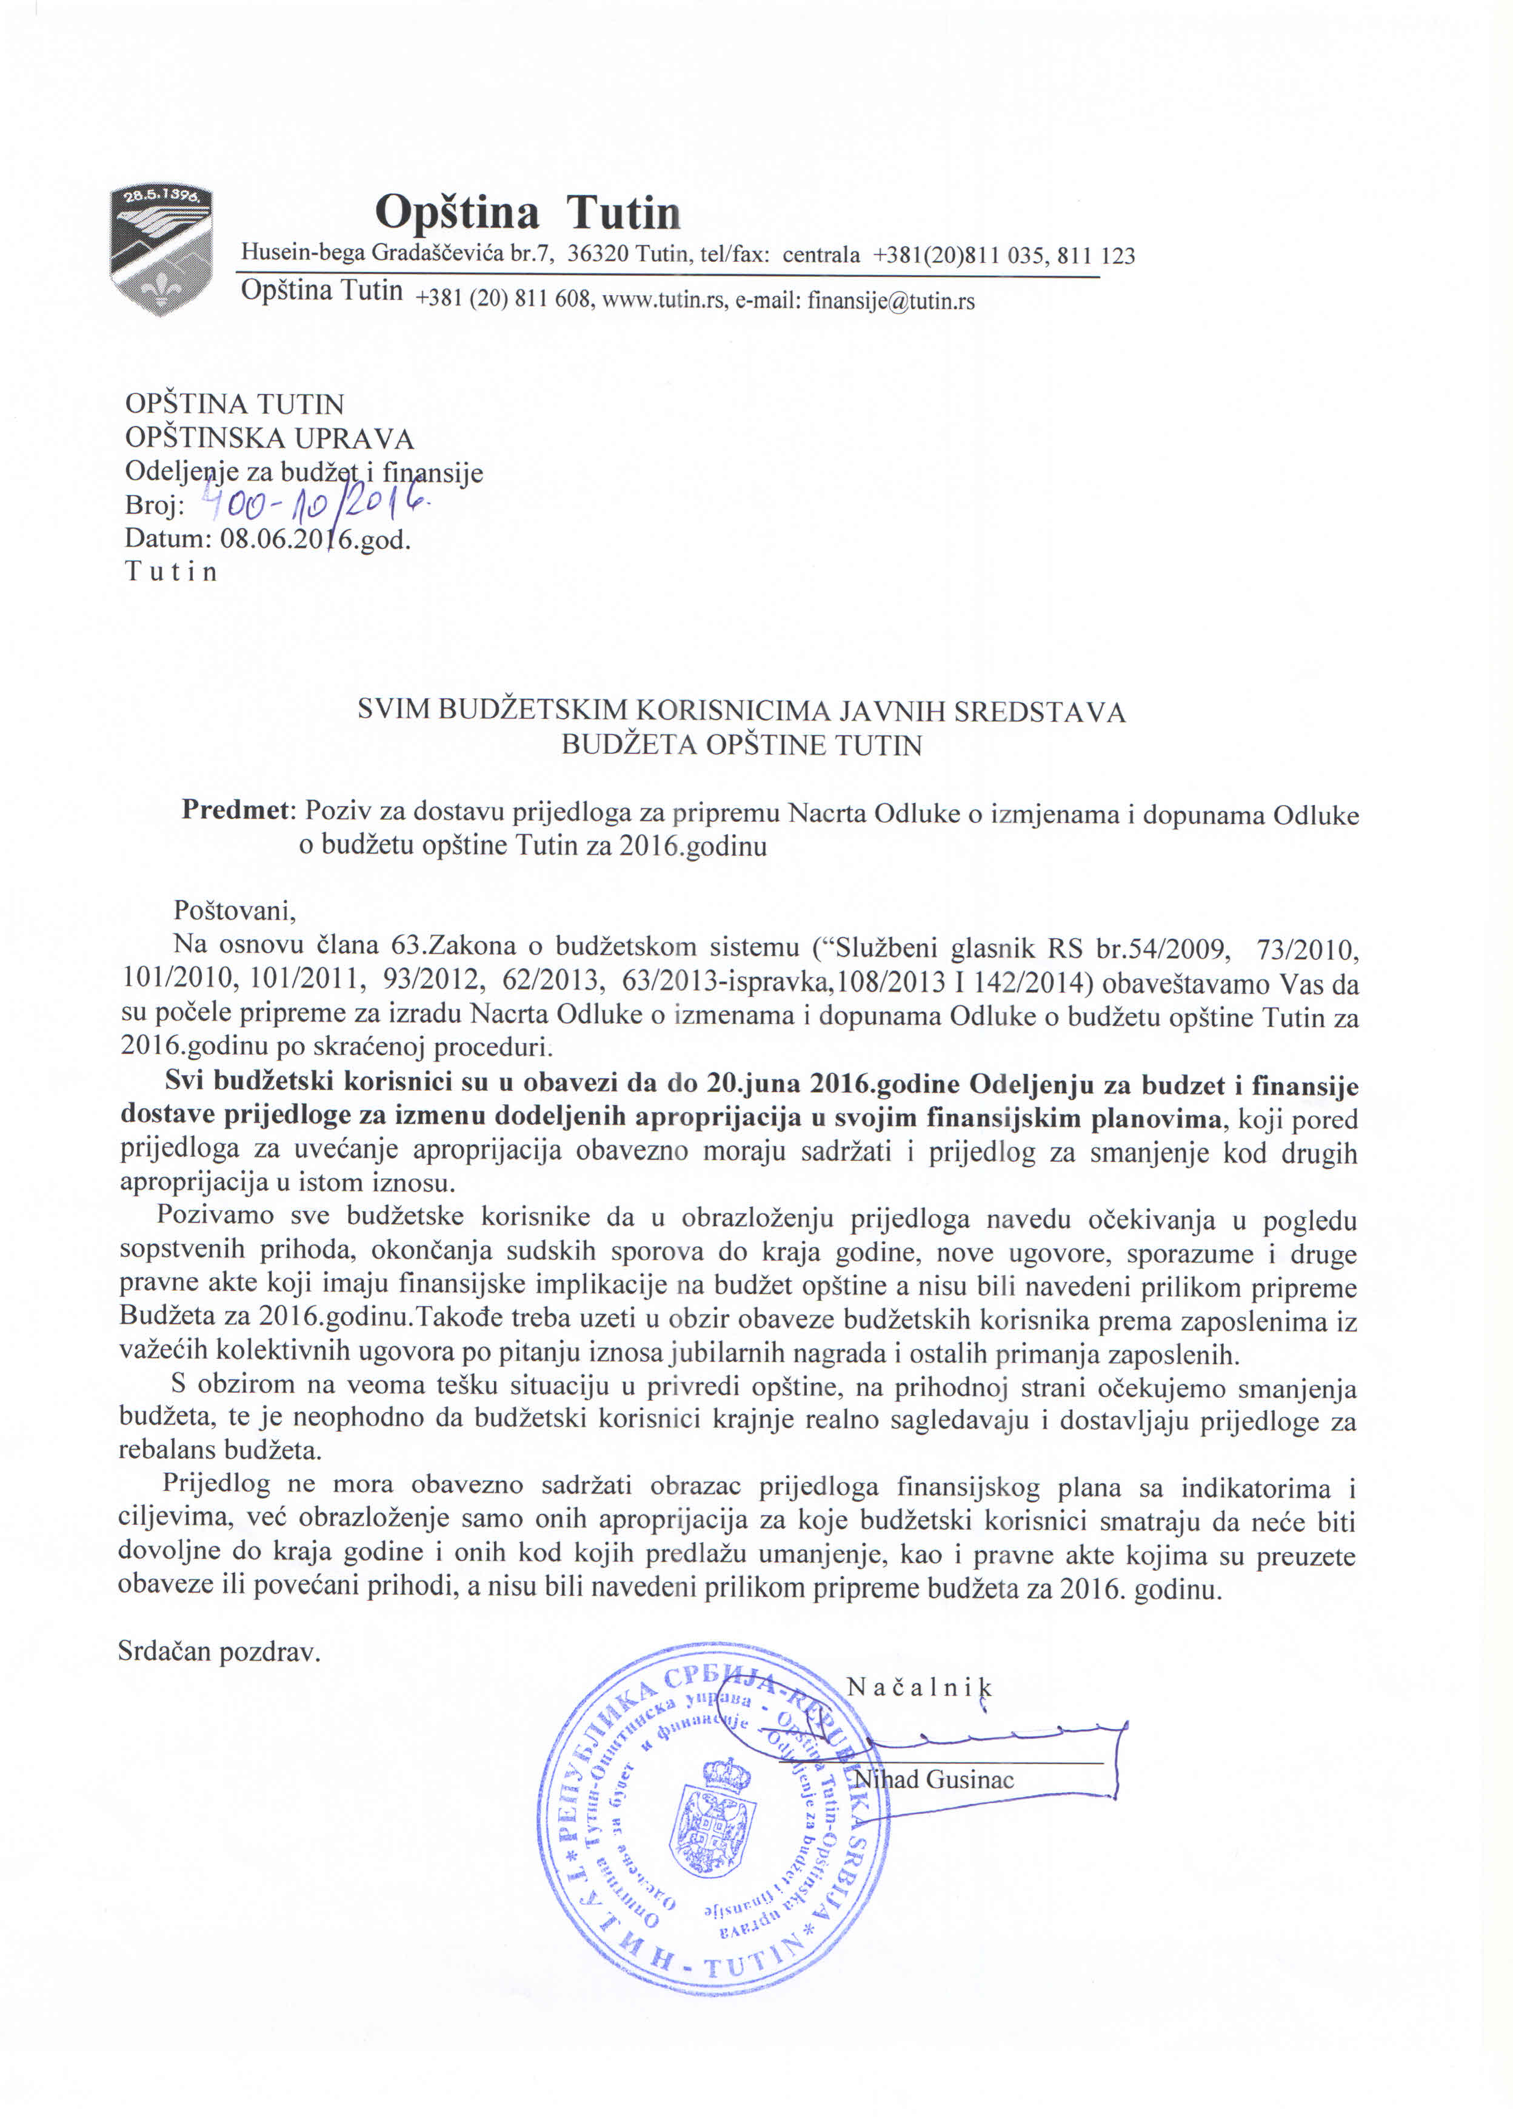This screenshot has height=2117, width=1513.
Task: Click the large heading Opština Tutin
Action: [x=527, y=212]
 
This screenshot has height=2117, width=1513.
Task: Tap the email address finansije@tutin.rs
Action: [x=890, y=301]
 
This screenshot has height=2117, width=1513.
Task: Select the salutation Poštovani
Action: [x=235, y=910]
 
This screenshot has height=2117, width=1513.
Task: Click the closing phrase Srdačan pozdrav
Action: [x=219, y=1652]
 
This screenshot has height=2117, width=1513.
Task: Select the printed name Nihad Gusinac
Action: [x=935, y=1780]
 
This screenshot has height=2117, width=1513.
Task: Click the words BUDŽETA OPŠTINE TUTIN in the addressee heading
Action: [x=741, y=746]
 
